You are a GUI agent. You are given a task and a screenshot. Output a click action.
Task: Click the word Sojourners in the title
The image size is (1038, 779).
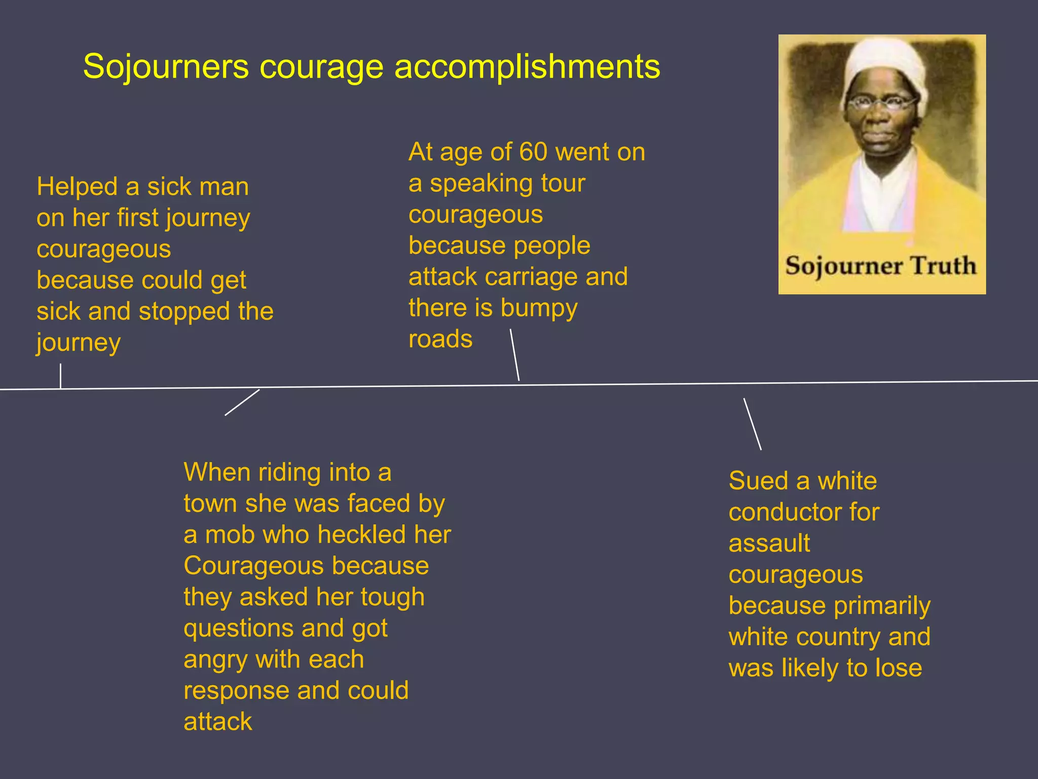tap(166, 66)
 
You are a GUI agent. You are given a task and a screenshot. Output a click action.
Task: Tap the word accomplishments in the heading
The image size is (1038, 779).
tap(527, 66)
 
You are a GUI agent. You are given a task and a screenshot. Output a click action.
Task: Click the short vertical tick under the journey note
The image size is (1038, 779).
tap(61, 376)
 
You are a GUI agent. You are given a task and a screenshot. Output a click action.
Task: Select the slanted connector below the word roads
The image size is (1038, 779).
tap(514, 355)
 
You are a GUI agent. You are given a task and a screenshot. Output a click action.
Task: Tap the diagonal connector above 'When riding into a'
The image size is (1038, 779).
tap(242, 402)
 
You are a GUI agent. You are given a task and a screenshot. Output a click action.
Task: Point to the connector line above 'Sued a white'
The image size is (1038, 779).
tap(752, 424)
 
